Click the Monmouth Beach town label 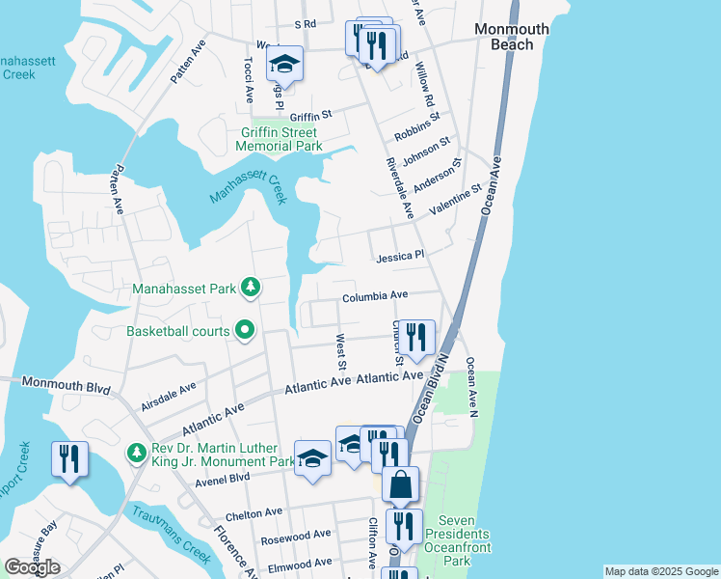pyautogui.click(x=504, y=38)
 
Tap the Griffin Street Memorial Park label pyautogui.click(x=280, y=139)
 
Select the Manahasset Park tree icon pyautogui.click(x=251, y=287)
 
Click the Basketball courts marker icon pyautogui.click(x=245, y=331)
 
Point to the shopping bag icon pyautogui.click(x=400, y=484)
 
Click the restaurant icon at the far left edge pyautogui.click(x=69, y=458)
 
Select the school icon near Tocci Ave pyautogui.click(x=284, y=63)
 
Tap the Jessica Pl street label pyautogui.click(x=400, y=258)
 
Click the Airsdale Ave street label pyautogui.click(x=168, y=396)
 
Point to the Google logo pyautogui.click(x=32, y=566)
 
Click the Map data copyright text pyautogui.click(x=660, y=571)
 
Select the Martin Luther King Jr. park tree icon pyautogui.click(x=137, y=453)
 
